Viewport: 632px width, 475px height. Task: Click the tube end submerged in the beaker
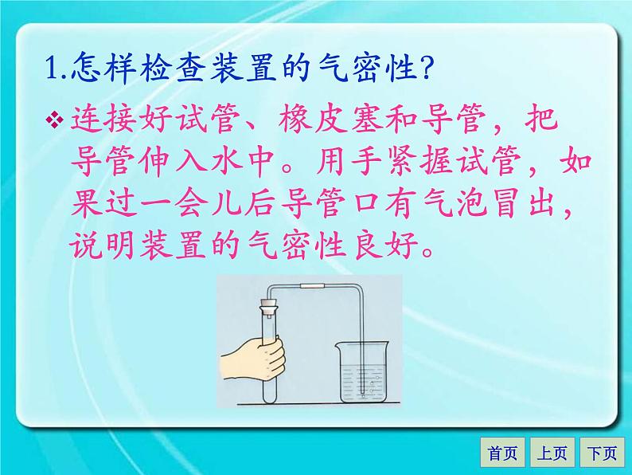point(363,391)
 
